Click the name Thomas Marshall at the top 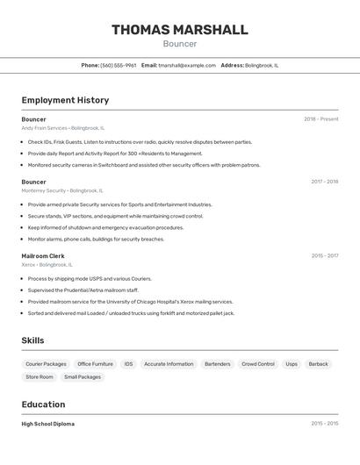pos(179,30)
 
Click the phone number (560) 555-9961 pos(118,65)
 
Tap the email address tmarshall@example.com pos(186,65)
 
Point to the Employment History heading pos(65,100)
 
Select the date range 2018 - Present pos(320,119)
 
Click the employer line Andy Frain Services pos(62,128)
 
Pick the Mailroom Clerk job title pos(43,256)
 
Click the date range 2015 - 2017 pos(324,256)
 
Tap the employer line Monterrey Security pos(61,190)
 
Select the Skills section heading pos(33,340)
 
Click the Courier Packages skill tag pos(46,363)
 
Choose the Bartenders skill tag pos(217,363)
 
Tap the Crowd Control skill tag pos(258,363)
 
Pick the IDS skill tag pos(128,363)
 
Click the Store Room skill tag pos(40,376)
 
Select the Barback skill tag pos(318,363)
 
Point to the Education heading pos(43,404)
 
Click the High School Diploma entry pos(48,424)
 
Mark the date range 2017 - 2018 pos(324,182)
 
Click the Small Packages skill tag pos(83,376)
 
